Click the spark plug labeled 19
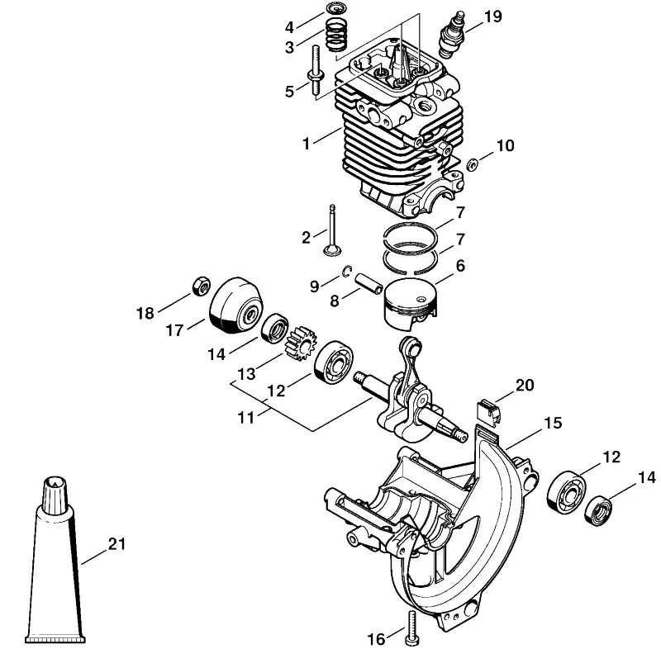tap(452, 35)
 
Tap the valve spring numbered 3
tap(337, 36)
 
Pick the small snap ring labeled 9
tap(348, 271)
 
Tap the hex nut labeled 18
tap(202, 286)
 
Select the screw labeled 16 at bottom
tap(411, 627)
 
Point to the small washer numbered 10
tap(473, 163)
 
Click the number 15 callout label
tap(553, 423)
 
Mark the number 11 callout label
tap(245, 418)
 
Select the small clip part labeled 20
tap(487, 412)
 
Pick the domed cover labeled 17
tap(236, 306)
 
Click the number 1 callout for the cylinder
tap(306, 144)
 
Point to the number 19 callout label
tap(492, 17)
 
